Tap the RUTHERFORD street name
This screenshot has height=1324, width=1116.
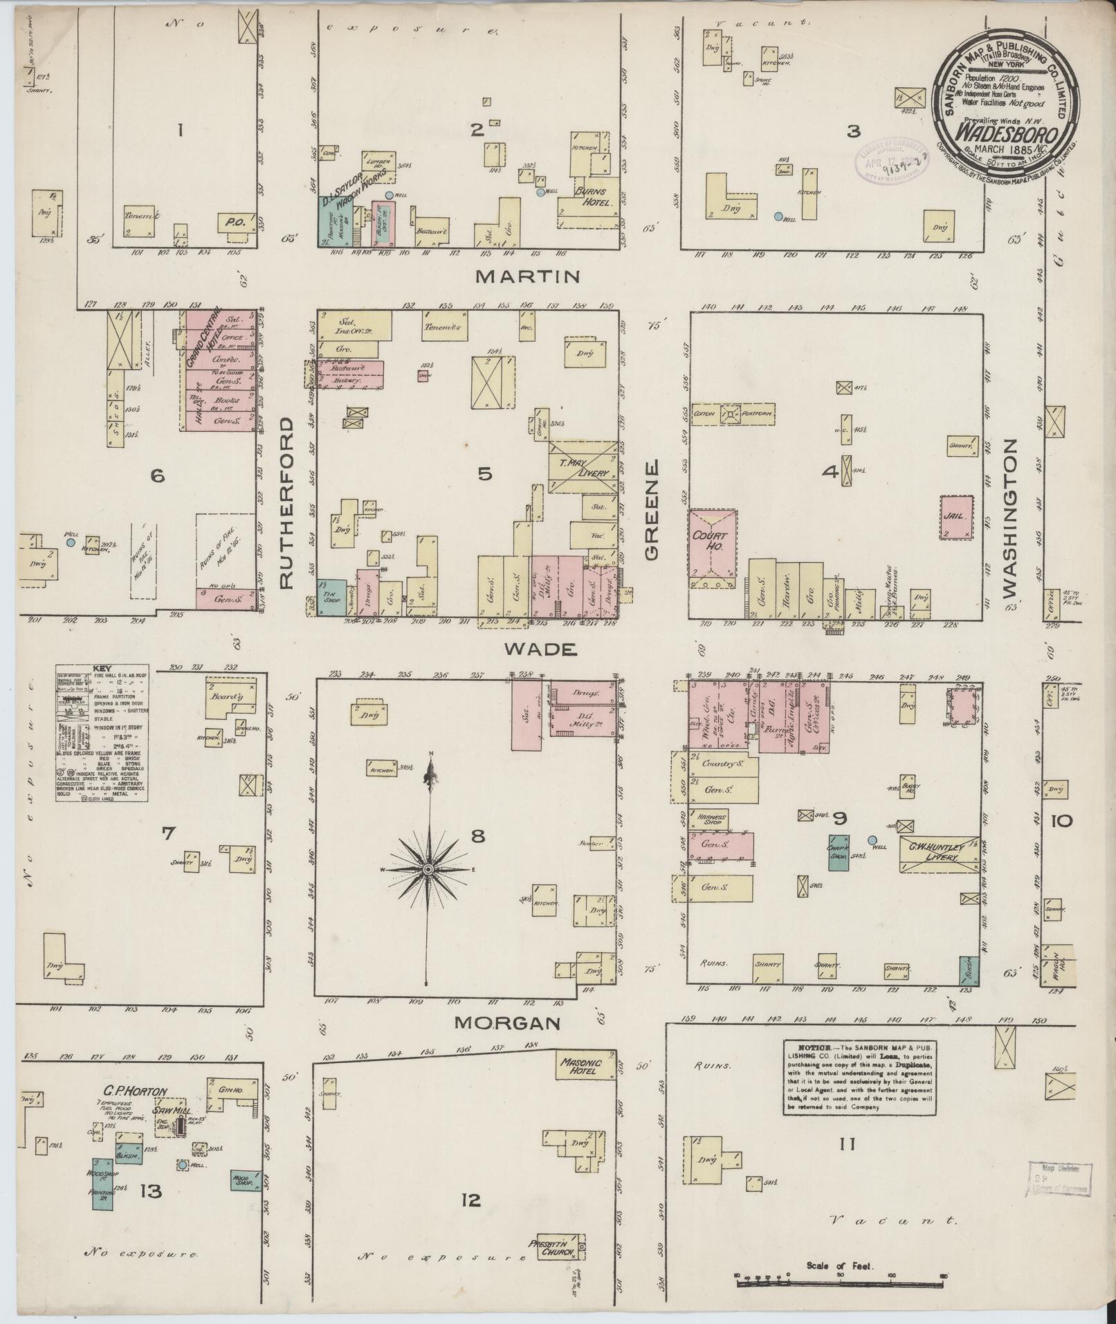coord(291,502)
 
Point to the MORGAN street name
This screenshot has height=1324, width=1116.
coord(507,1023)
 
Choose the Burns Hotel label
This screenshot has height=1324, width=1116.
coord(594,197)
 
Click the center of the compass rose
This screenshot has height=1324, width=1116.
coord(429,869)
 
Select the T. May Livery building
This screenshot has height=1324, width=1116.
coord(583,466)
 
